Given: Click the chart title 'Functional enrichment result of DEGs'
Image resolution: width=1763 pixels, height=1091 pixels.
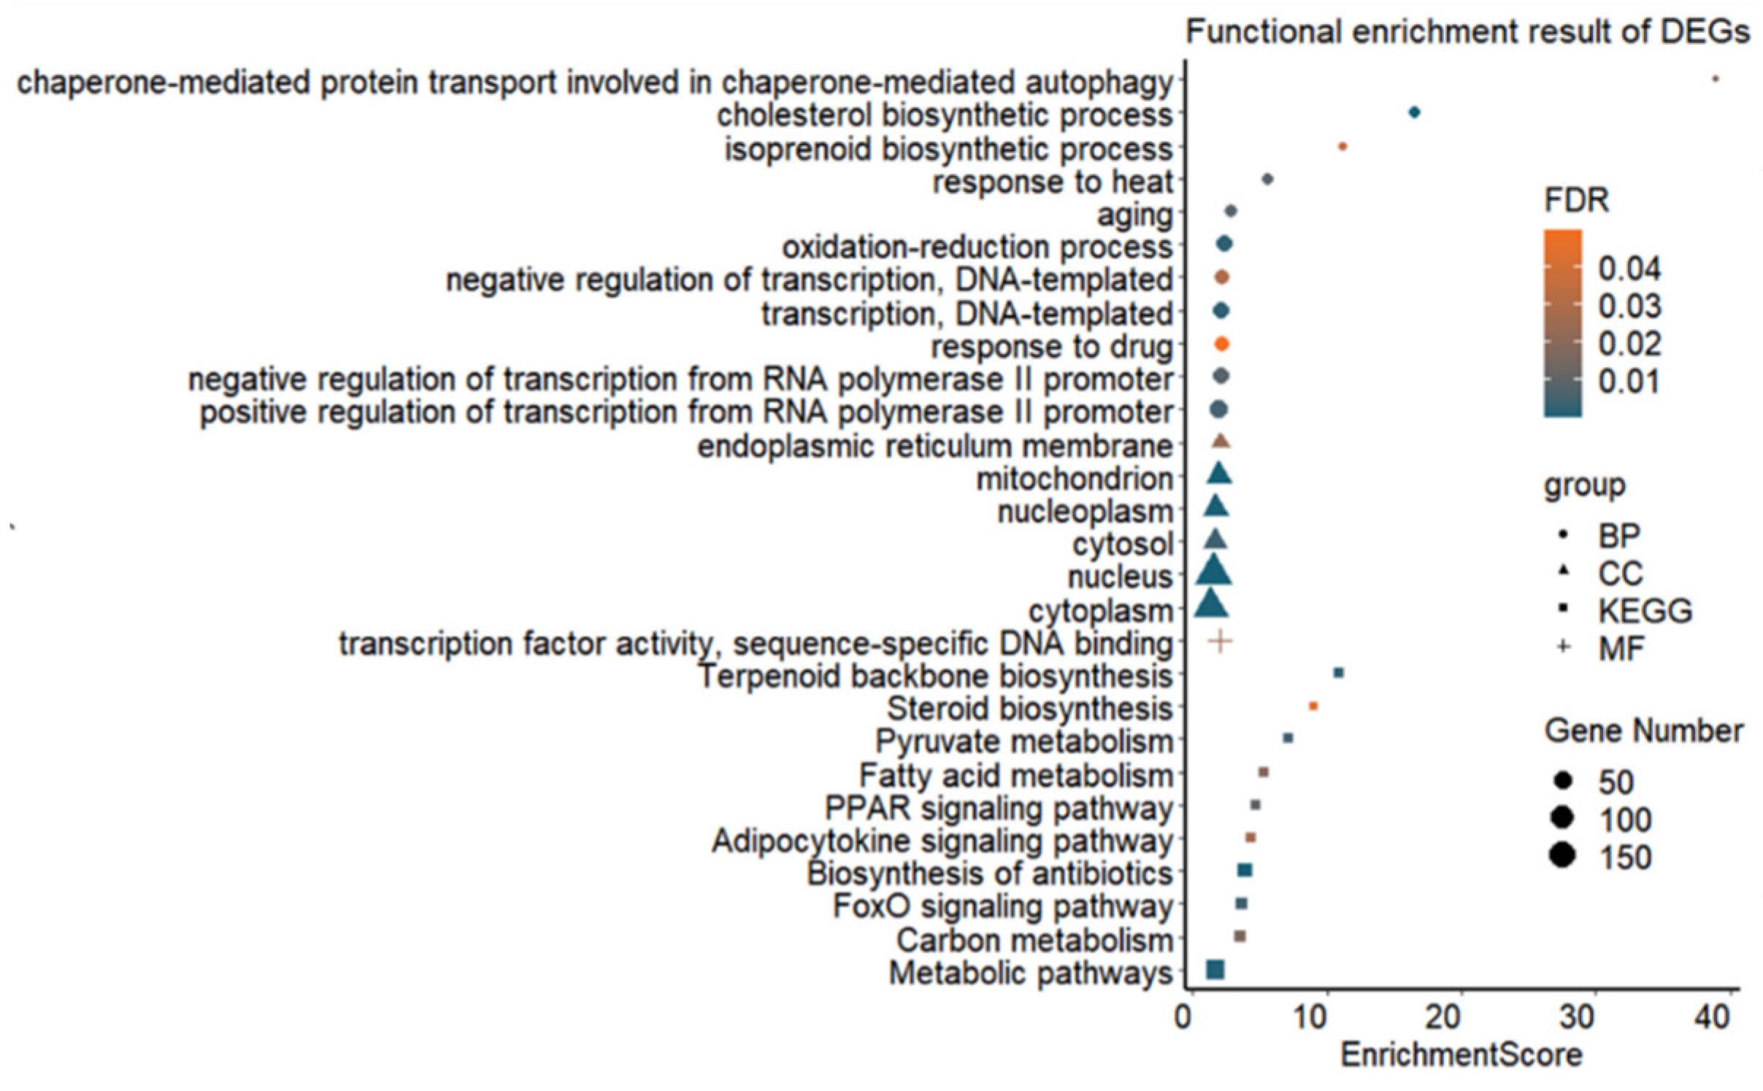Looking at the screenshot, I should [1467, 33].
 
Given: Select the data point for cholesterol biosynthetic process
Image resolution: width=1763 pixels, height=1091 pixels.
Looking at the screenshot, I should [1414, 112].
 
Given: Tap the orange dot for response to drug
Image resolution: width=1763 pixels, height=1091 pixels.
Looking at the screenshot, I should [1221, 344].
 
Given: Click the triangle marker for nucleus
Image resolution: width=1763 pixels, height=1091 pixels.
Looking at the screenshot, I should [1214, 571].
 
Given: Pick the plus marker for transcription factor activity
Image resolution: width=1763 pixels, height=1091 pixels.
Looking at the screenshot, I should [1220, 641].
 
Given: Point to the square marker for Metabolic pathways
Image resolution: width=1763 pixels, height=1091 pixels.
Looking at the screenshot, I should [1215, 969].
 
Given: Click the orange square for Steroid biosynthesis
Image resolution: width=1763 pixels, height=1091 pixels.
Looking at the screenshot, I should [1313, 706].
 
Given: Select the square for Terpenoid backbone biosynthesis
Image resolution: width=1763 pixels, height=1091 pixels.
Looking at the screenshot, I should [1338, 673].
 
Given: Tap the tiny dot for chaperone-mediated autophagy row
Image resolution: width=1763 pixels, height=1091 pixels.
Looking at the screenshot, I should [1716, 79].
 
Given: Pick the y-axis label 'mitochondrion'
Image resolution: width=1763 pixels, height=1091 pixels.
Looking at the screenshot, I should [1074, 479].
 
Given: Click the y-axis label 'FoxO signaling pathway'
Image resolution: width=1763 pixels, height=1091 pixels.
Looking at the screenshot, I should [1002, 906].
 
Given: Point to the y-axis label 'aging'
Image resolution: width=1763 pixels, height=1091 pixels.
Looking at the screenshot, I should [1134, 215].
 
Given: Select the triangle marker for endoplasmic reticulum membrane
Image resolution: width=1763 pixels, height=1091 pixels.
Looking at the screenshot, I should [1221, 442].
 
